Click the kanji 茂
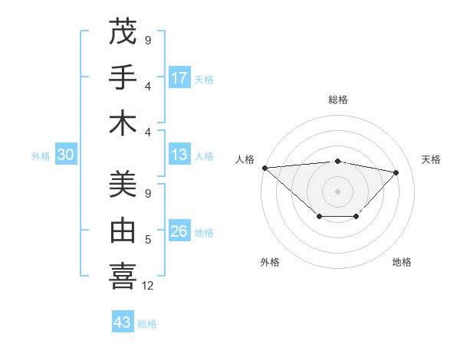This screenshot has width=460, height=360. [x=123, y=32]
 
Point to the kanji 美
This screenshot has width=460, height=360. [x=123, y=185]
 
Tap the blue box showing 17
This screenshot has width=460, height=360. [x=179, y=78]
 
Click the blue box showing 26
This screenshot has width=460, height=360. [x=179, y=232]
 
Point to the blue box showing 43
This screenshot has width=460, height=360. [x=123, y=322]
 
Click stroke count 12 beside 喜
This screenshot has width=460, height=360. [x=148, y=286]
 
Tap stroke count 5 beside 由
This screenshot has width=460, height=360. [x=148, y=240]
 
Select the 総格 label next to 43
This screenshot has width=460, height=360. [x=147, y=324]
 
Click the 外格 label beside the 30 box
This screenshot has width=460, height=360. [x=41, y=156]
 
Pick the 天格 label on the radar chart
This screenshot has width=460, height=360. [x=431, y=159]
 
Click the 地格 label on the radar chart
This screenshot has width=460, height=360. [x=402, y=262]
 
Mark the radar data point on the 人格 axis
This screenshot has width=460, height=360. [x=264, y=167]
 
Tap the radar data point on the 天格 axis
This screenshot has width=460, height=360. [x=396, y=172]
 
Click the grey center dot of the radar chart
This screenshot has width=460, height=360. [x=337, y=191]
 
